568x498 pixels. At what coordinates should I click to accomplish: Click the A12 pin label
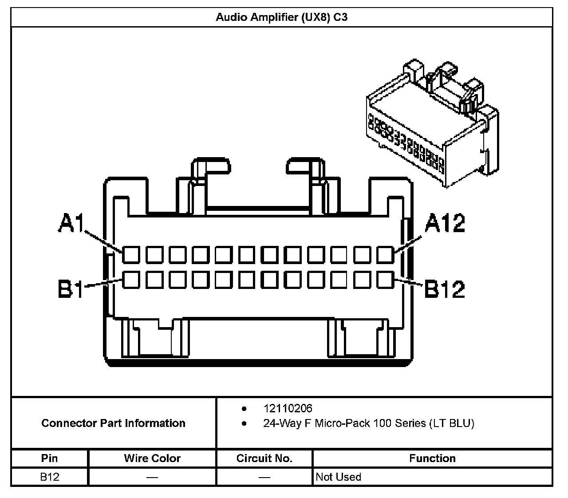point(445,223)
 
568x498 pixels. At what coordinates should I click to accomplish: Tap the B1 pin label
point(71,289)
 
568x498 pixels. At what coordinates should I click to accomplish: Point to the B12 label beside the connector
point(445,289)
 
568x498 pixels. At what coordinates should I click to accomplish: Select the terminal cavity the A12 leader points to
point(385,255)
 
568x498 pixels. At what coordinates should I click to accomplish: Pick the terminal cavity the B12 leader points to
point(385,280)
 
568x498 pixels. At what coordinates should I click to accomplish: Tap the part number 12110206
point(288,408)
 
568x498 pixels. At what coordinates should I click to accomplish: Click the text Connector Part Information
point(113,423)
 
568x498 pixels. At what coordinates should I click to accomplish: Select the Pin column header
point(49,458)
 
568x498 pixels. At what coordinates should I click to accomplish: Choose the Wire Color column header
point(152,458)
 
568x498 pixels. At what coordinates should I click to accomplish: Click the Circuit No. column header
point(264,458)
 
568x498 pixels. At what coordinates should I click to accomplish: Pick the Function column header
point(432,458)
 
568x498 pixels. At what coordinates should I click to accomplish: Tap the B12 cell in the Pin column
point(49,477)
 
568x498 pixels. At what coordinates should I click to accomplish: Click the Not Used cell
point(338,477)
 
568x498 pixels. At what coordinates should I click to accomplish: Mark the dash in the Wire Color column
point(152,478)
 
